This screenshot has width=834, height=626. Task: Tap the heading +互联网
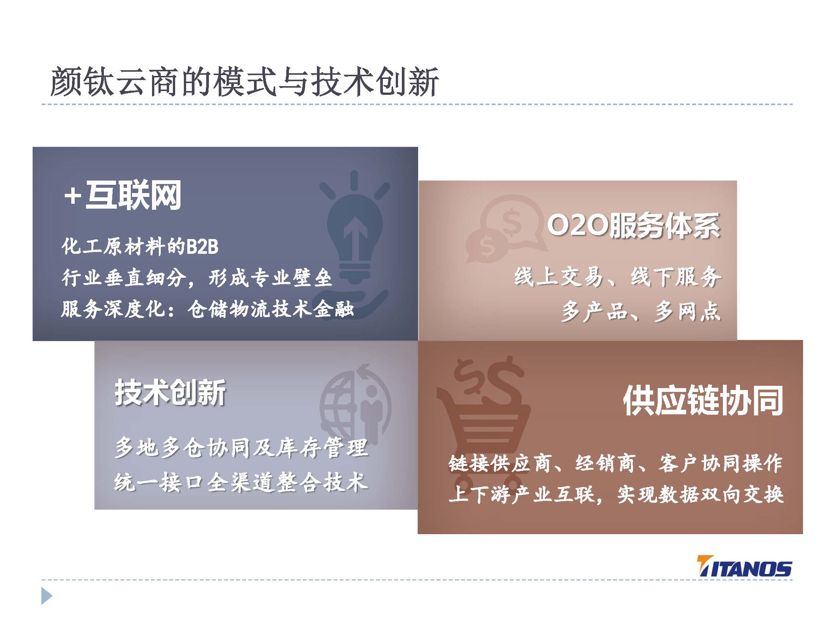(122, 195)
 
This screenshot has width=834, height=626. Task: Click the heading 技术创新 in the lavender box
(170, 393)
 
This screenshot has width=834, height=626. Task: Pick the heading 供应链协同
(703, 401)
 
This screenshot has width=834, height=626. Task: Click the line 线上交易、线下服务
(618, 277)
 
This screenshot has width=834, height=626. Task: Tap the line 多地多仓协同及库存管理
(241, 448)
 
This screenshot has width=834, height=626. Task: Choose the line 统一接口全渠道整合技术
(241, 482)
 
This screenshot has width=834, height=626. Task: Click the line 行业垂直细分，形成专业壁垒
(197, 278)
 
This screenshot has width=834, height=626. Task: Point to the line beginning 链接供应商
(616, 463)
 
